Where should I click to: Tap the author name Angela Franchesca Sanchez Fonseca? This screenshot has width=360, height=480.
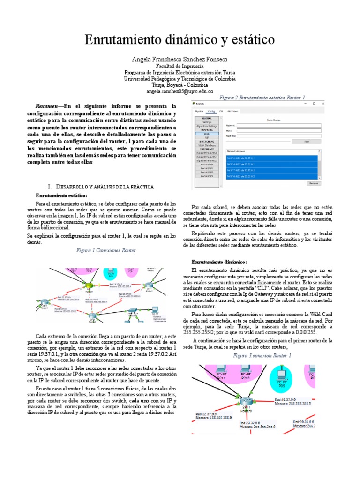point(180,60)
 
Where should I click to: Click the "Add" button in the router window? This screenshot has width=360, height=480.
point(306,141)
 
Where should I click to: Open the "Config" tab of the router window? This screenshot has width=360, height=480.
point(211,112)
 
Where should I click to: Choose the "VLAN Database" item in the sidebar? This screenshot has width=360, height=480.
point(207,145)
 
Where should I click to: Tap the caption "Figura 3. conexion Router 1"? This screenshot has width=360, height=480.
point(269,356)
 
